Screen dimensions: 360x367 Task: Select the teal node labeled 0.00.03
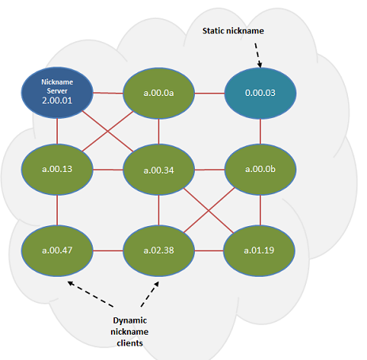point(260,93)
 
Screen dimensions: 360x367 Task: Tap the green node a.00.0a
point(159,93)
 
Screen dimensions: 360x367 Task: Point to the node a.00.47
point(57,250)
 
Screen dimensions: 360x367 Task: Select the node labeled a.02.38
point(159,250)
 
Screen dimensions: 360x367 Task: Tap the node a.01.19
point(260,250)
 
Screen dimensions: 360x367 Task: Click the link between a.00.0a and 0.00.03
point(209,93)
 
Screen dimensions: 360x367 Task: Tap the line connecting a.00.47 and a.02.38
point(108,250)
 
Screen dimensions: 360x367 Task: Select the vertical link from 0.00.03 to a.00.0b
point(260,131)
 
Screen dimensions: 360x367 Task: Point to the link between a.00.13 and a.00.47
point(57,209)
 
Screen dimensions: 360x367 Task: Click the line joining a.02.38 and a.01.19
point(209,250)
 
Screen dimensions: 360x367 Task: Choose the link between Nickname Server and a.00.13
point(57,130)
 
